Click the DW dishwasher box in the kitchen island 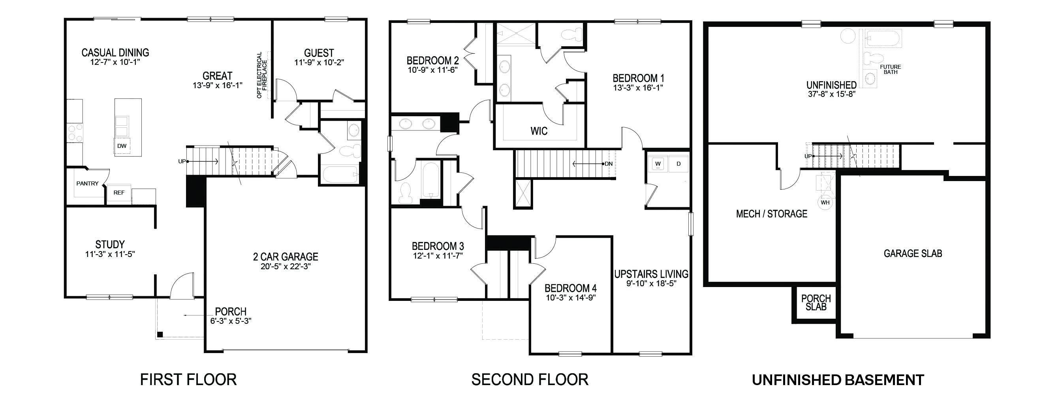point(122,146)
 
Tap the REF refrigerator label point(119,193)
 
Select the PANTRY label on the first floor point(87,183)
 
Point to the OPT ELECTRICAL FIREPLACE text point(262,75)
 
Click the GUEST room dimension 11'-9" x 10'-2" point(319,62)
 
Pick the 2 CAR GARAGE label point(285,257)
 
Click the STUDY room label point(110,244)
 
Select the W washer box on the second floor point(658,164)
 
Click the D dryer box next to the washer point(678,164)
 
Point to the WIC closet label point(539,131)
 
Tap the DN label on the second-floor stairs point(609,164)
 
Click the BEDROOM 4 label point(570,288)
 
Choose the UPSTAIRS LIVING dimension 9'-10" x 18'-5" point(651,283)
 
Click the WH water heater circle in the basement point(825,203)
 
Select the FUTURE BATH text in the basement point(891,69)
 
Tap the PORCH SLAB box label point(816,302)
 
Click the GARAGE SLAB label point(913,253)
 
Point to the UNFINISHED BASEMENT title point(838,380)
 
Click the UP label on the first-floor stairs point(182,162)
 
